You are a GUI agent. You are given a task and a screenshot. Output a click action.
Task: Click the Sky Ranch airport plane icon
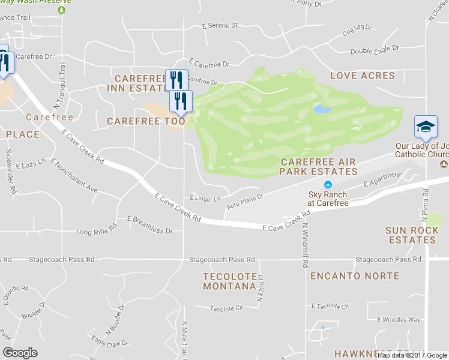(x=328, y=184)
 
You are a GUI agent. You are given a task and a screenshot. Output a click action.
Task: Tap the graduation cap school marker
(x=426, y=127)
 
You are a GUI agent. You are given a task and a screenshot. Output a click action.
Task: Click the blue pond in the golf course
(x=322, y=109)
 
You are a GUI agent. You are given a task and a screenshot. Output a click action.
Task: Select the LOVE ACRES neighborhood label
(x=363, y=76)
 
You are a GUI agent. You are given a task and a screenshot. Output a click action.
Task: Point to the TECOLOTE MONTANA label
(x=229, y=281)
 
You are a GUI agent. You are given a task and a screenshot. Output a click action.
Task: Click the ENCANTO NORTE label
(x=354, y=276)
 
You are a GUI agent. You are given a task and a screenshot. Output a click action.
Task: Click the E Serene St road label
(x=220, y=26)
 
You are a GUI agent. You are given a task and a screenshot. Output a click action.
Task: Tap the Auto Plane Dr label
(x=244, y=202)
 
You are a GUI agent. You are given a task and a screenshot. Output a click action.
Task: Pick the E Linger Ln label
(x=205, y=197)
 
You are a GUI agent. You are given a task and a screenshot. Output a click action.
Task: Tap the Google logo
(x=20, y=353)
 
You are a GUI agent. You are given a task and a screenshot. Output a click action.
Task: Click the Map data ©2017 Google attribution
(x=411, y=355)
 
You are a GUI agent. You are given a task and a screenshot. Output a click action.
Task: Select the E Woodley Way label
(x=399, y=320)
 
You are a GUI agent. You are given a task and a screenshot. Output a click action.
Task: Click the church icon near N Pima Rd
(x=444, y=164)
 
